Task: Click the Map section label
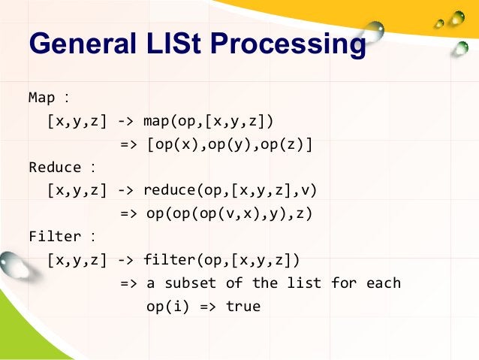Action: pos(42,98)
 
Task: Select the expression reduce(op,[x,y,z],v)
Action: pos(230,191)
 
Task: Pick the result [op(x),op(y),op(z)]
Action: pos(230,144)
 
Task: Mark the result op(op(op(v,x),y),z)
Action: pos(230,214)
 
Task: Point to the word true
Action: pos(243,307)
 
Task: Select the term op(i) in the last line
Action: pos(167,307)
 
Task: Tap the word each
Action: pos(384,284)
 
